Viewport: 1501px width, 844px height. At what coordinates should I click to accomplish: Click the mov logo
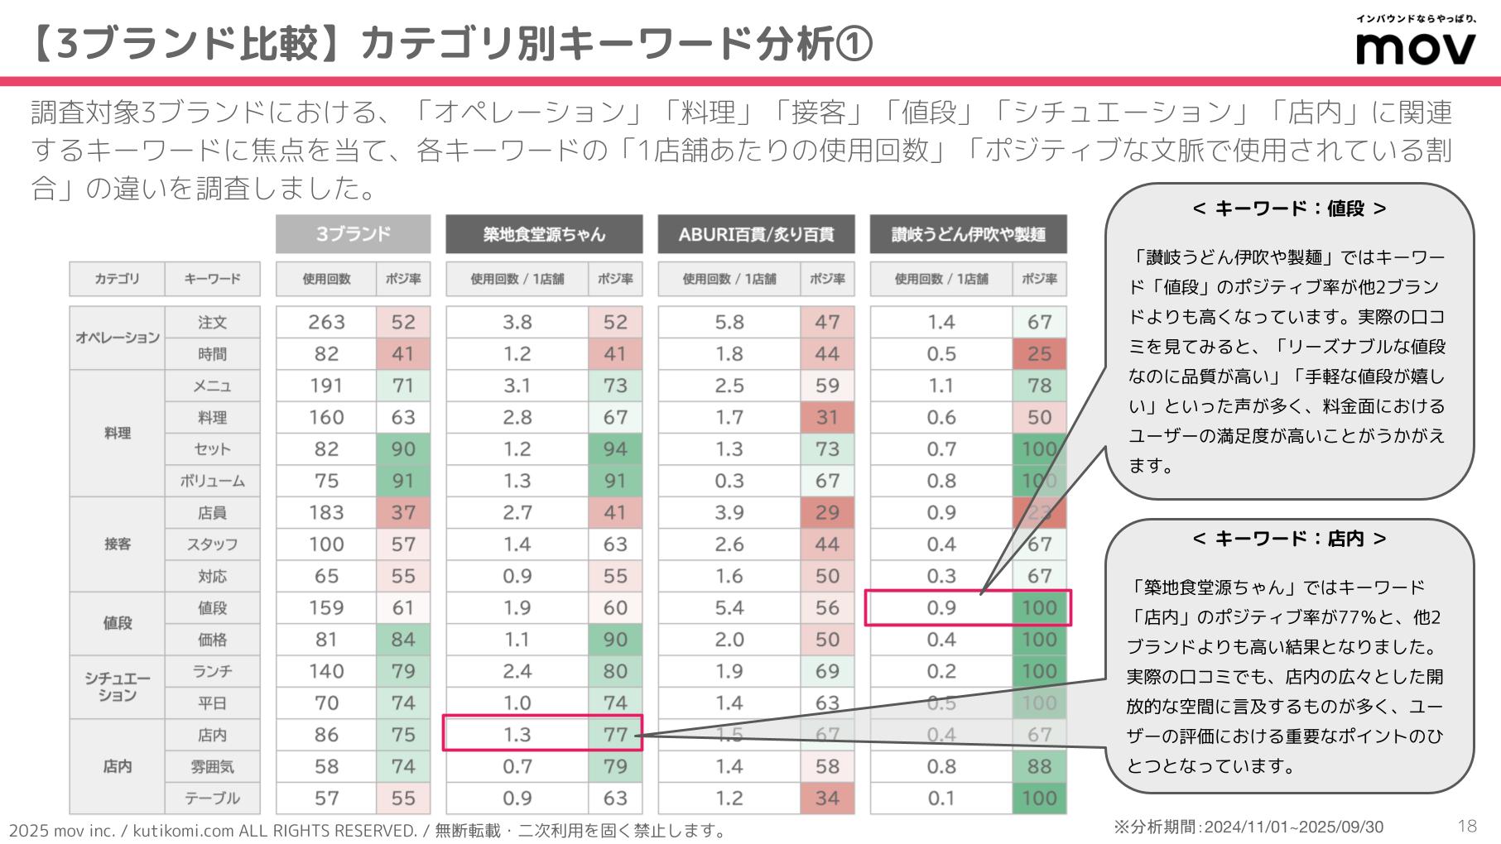coord(1415,48)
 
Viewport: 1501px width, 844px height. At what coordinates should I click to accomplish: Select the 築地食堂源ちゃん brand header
coord(544,234)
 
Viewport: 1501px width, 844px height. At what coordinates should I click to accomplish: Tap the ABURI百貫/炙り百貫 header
coord(756,234)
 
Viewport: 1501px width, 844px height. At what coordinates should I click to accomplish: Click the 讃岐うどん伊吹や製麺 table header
coord(968,234)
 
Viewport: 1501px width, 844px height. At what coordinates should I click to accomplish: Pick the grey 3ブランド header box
coord(353,234)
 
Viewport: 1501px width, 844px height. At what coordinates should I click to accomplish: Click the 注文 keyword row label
coord(212,322)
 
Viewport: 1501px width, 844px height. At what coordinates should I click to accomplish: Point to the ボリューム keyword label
coord(212,481)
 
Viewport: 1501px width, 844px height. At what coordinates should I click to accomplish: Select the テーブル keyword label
coord(212,798)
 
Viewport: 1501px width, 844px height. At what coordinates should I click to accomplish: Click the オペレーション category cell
coord(117,338)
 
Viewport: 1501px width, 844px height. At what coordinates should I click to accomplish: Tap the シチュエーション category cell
coord(117,687)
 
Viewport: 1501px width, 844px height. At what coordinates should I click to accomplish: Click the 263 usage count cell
coord(326,322)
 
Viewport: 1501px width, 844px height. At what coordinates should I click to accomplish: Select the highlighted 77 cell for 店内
coord(615,734)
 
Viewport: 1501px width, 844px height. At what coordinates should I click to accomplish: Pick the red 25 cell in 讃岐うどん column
coord(1039,354)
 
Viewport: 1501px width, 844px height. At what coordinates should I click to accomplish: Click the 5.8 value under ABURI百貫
coord(729,322)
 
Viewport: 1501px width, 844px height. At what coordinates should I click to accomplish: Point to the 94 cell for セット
coord(615,449)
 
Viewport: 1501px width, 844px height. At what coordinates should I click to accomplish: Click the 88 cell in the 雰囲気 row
coord(1039,766)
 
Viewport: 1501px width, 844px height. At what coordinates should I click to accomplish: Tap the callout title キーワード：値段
coord(1289,209)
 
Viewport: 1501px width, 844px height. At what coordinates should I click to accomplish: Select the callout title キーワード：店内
coord(1289,539)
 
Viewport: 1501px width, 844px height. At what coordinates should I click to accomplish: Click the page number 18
coord(1466,826)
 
